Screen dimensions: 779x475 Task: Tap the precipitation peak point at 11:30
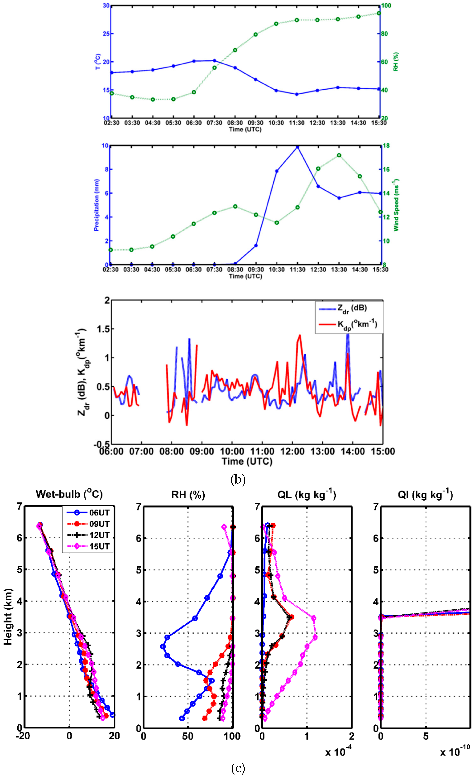pos(297,147)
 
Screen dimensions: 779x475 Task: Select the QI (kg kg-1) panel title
pos(425,494)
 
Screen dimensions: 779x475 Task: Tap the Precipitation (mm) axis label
pos(96,205)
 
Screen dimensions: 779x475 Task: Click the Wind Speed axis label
pos(396,205)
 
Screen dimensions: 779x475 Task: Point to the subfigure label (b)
pos(238,480)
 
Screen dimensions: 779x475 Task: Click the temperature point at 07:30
pos(215,60)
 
